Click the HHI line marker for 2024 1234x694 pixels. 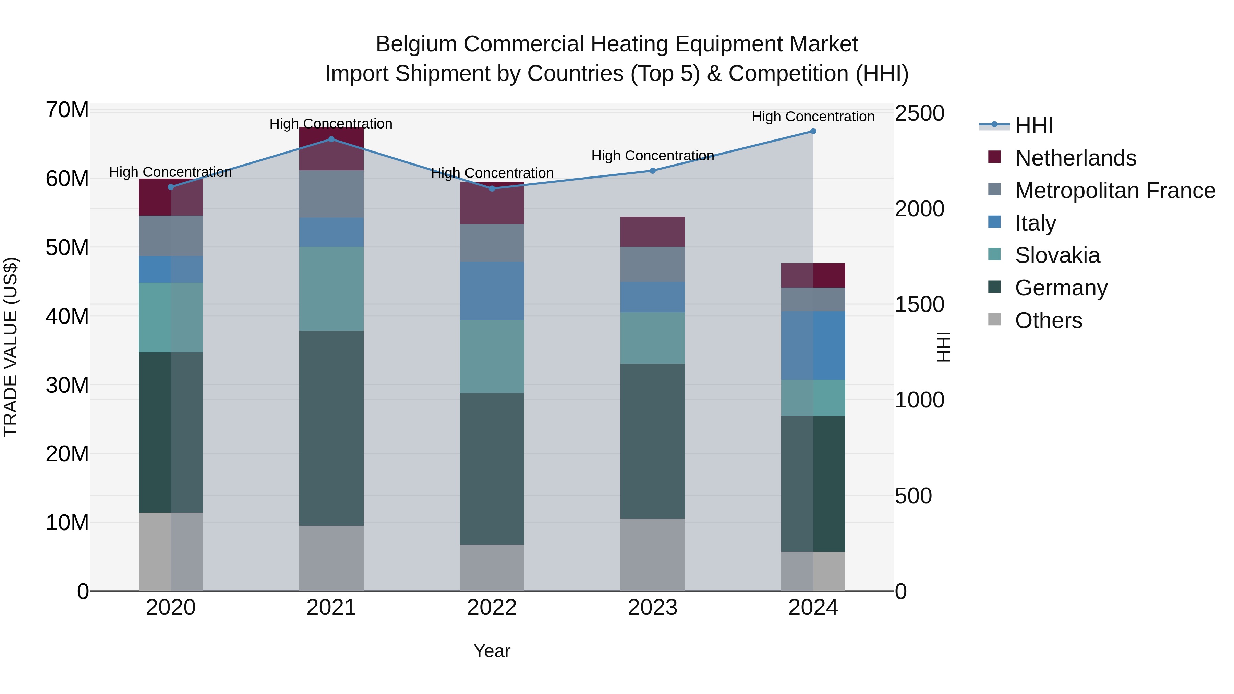[813, 131]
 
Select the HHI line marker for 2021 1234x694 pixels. [331, 139]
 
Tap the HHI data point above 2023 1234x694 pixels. [652, 171]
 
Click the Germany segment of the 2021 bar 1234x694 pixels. [331, 428]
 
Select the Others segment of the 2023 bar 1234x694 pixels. [652, 555]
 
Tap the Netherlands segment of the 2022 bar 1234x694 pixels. [492, 203]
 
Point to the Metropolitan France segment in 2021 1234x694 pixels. [331, 194]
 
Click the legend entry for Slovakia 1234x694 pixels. [1057, 255]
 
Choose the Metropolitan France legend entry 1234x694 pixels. [1115, 191]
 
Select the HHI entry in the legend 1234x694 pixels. [1034, 125]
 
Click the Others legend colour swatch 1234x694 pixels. [994, 319]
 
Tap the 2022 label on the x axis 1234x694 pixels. [492, 608]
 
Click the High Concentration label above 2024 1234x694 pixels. [813, 117]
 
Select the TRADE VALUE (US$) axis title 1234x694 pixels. [11, 347]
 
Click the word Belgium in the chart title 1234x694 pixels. [416, 44]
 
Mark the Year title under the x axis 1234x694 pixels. [492, 651]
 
